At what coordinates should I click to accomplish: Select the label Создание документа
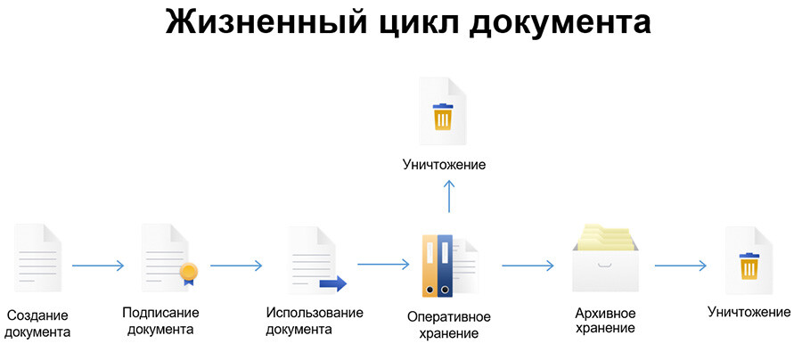pos(37,323)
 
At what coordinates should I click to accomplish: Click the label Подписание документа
pos(160,321)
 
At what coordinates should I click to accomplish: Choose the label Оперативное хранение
pos(449,324)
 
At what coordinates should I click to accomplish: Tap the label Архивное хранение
pos(606,321)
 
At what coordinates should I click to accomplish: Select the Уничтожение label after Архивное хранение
pos(749,312)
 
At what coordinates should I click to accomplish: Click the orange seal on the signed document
pos(188,272)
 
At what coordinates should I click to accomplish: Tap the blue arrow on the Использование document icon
pos(332,284)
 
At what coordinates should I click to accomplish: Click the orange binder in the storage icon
pos(430,266)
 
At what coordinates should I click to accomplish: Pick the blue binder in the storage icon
pos(446,266)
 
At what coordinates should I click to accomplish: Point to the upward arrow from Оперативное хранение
pos(450,195)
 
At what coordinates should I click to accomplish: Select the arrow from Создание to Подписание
pos(98,266)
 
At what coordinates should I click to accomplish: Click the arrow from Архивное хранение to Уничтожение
pos(680,266)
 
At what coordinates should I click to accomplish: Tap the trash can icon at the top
pos(443,117)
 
